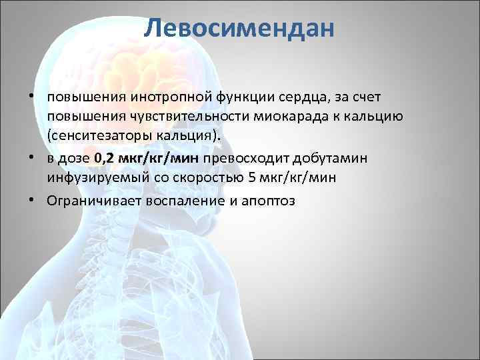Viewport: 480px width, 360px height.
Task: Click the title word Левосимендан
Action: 239,28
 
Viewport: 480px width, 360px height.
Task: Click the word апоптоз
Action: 266,201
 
